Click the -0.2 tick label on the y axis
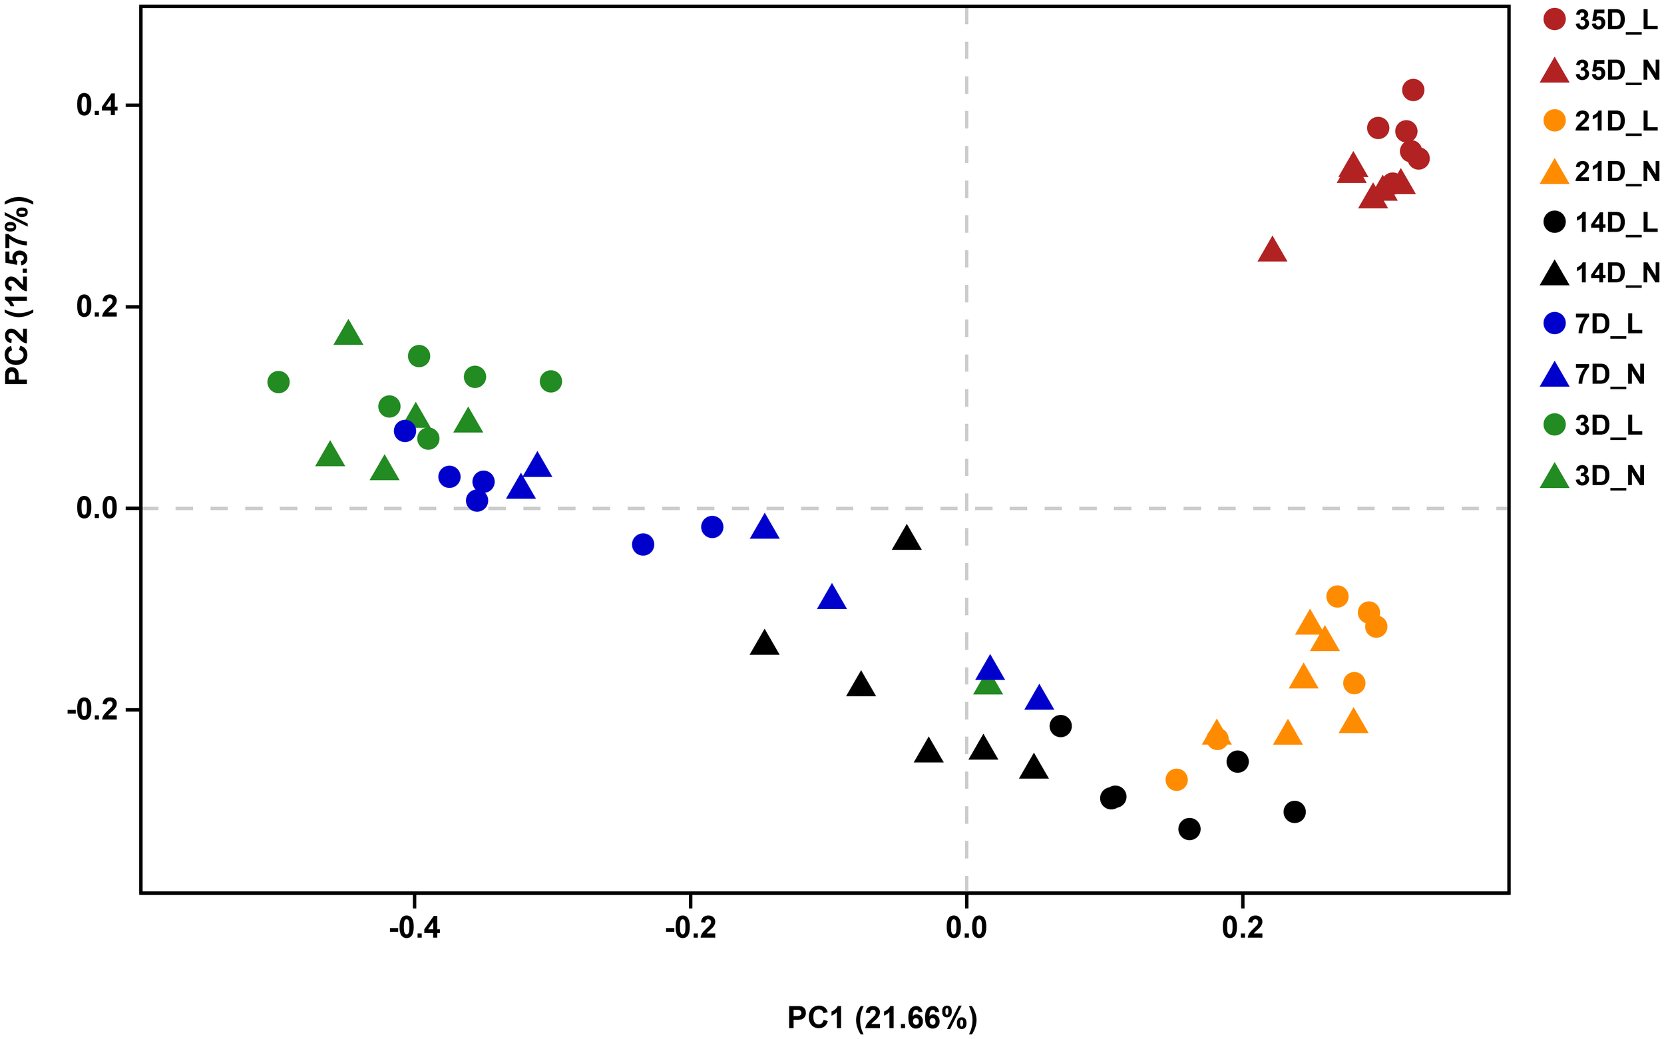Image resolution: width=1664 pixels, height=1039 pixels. coord(93,709)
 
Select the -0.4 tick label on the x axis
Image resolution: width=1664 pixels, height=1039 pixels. coord(414,929)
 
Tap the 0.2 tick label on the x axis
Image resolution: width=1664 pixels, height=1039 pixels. coord(1243,929)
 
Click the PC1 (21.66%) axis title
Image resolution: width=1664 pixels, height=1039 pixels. coord(882,1018)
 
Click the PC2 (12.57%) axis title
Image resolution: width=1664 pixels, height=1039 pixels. coord(17,291)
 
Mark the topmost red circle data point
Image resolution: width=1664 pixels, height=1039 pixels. coord(1412,90)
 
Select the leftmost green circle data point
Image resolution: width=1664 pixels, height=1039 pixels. coord(278,382)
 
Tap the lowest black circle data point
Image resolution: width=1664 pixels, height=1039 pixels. coord(1189,829)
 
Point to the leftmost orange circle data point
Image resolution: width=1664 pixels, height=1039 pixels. coord(1176,780)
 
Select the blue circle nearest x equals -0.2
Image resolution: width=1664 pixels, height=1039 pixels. coord(712,527)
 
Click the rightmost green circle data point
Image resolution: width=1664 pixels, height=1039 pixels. coord(551,381)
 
